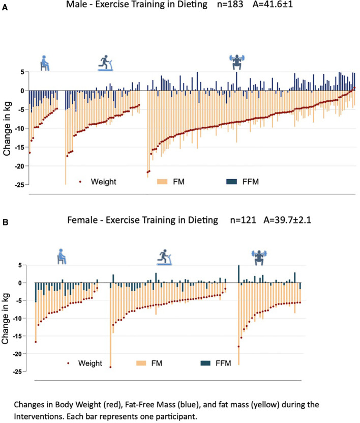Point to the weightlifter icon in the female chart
pos(259,258)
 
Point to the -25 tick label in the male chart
pos(18,185)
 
